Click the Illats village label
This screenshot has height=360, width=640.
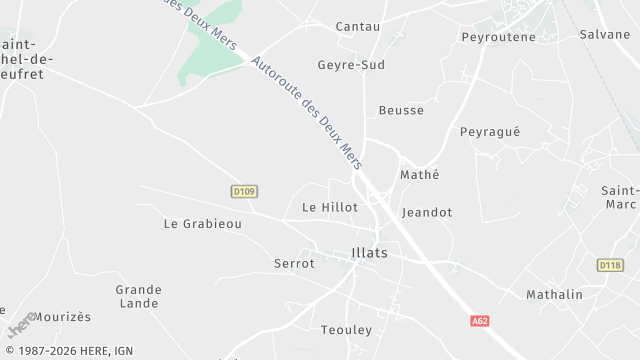(x=370, y=253)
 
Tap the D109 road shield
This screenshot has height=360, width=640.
(x=244, y=191)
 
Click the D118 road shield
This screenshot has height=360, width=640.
(x=610, y=265)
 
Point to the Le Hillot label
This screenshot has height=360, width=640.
(x=330, y=207)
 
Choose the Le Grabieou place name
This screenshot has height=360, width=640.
(x=203, y=224)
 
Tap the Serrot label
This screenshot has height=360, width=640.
(x=294, y=264)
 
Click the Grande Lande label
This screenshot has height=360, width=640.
(x=138, y=296)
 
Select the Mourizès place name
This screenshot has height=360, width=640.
(x=62, y=317)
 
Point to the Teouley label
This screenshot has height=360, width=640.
(x=347, y=330)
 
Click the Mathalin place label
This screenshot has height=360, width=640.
(x=554, y=295)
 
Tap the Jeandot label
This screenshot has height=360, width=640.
(x=427, y=213)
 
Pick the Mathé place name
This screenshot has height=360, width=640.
(x=420, y=175)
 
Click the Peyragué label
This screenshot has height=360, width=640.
(x=490, y=132)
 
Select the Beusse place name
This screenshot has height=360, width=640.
(x=401, y=110)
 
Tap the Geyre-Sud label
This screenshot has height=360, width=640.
(x=351, y=65)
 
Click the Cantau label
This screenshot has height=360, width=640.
(x=358, y=26)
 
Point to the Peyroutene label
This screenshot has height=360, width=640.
(x=499, y=37)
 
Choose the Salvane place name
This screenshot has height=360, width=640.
(x=605, y=34)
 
